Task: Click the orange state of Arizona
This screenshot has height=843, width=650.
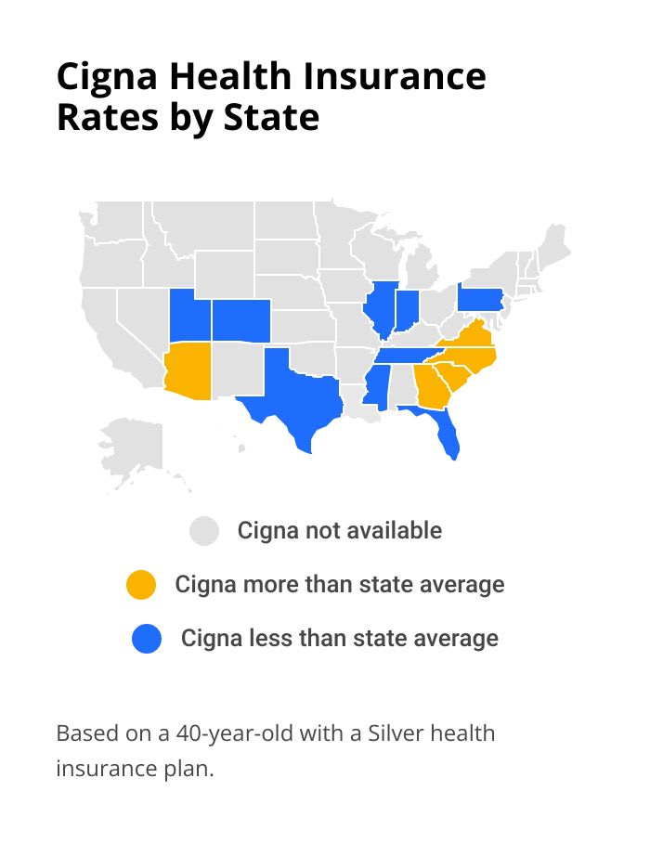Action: [x=188, y=370]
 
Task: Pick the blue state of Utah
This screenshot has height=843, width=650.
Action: [x=189, y=317]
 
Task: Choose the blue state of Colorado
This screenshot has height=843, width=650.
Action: [x=240, y=319]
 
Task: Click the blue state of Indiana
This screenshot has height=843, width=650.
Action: [x=407, y=310]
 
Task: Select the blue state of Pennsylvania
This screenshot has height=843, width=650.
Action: [x=480, y=300]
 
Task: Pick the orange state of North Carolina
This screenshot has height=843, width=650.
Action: [x=469, y=357]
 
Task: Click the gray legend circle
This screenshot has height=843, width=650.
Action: [x=204, y=531]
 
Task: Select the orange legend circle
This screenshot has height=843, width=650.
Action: [x=141, y=585]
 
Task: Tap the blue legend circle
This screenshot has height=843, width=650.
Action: [x=147, y=639]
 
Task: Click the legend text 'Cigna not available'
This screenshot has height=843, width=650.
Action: [x=339, y=531]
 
